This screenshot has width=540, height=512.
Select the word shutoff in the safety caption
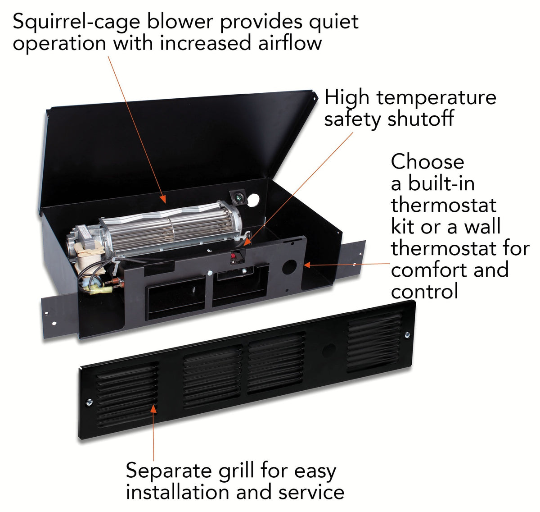click(421, 119)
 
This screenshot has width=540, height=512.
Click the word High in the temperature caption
click(347, 98)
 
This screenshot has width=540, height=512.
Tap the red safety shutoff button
click(234, 257)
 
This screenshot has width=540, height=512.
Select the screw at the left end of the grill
click(89, 402)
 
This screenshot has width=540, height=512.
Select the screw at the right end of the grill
click(407, 335)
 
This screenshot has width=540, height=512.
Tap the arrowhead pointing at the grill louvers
click(154, 408)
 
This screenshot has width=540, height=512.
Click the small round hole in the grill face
click(329, 349)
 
